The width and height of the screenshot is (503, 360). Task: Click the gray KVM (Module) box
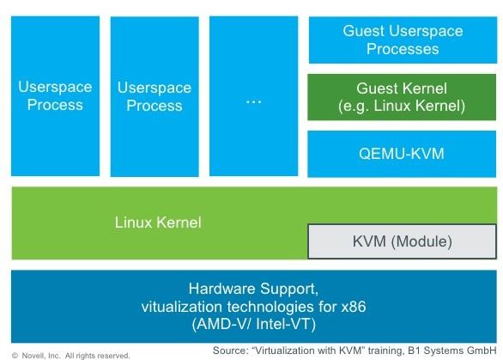(x=402, y=241)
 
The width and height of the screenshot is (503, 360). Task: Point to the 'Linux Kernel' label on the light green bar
(x=158, y=223)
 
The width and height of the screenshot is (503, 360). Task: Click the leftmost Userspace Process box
(x=51, y=96)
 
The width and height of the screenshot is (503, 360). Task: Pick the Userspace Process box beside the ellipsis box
(x=149, y=96)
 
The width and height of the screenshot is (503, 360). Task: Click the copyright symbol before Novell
(x=15, y=354)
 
